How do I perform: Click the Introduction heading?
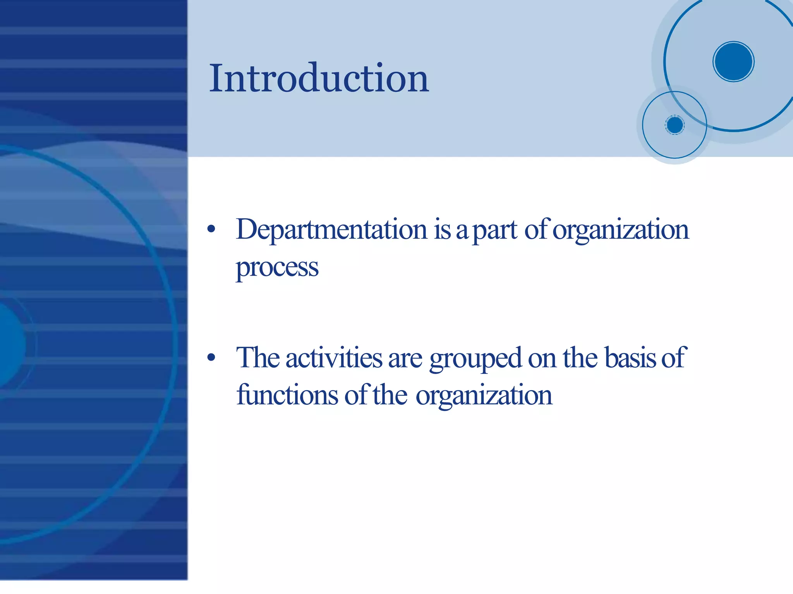pyautogui.click(x=319, y=78)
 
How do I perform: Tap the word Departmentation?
pyautogui.click(x=331, y=230)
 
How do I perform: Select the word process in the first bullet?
pyautogui.click(x=277, y=268)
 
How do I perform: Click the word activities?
pyautogui.click(x=334, y=358)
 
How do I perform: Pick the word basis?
pyautogui.click(x=630, y=358)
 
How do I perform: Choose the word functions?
pyautogui.click(x=287, y=395)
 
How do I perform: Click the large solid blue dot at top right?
pyautogui.click(x=733, y=62)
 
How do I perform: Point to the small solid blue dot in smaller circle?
pyautogui.click(x=675, y=125)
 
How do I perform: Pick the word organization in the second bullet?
pyautogui.click(x=484, y=396)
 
